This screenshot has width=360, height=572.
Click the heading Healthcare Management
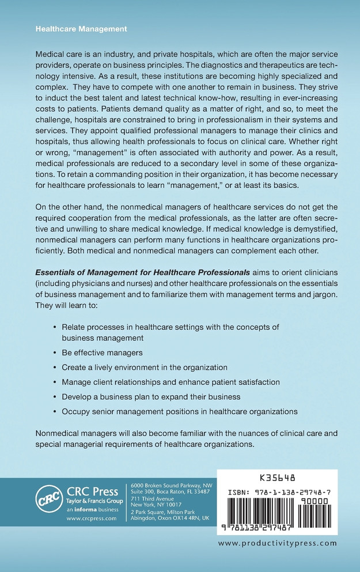(81, 28)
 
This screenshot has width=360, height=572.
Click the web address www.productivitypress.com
(277, 543)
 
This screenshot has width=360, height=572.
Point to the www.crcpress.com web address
(91, 518)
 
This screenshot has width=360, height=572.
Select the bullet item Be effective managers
(101, 353)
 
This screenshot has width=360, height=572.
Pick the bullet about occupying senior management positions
(179, 411)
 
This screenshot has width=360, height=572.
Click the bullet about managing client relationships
(170, 382)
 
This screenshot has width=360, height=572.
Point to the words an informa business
(91, 509)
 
